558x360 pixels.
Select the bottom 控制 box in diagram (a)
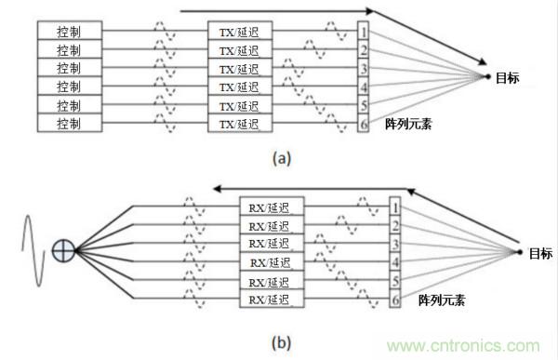[68, 123]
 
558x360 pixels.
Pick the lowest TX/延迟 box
[239, 123]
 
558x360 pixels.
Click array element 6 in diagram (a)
[365, 123]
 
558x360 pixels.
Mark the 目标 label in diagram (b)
[538, 253]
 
